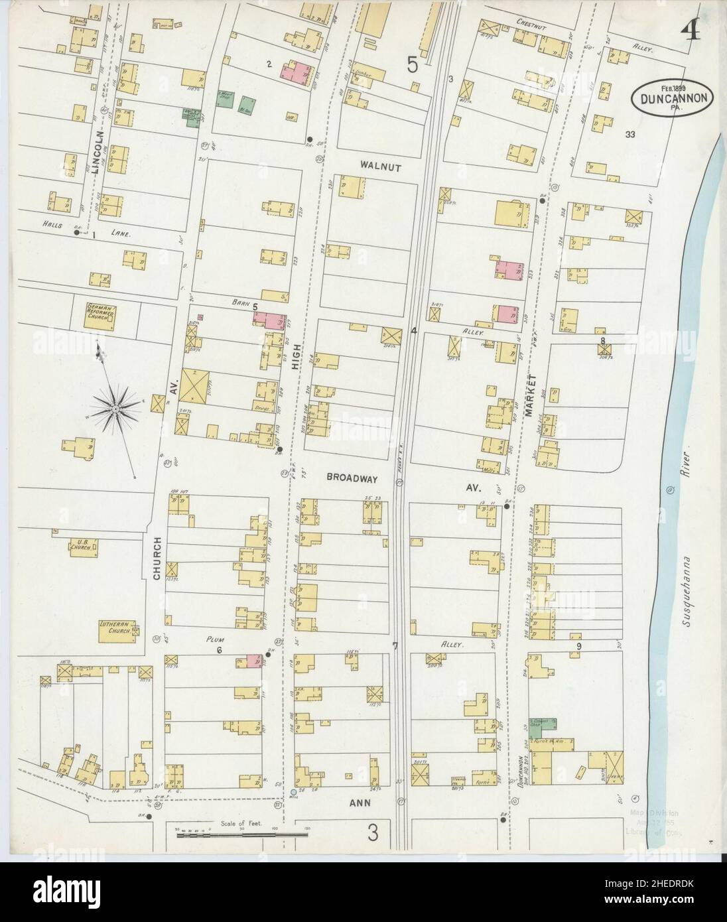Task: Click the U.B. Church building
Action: (83, 547)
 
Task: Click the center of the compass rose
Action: (115, 409)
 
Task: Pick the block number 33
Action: (629, 135)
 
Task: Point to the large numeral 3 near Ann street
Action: (373, 834)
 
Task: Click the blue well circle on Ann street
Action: (294, 791)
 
